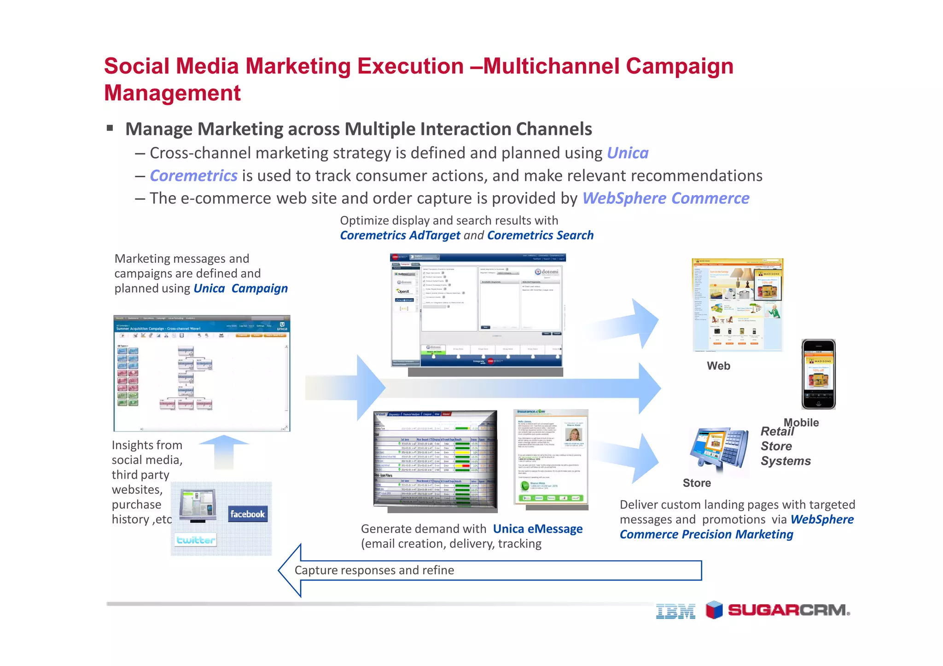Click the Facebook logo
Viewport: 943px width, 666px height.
click(x=248, y=514)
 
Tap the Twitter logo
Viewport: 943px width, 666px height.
click(x=196, y=540)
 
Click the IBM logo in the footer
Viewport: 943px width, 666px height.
click(x=675, y=611)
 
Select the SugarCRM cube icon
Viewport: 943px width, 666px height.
click(x=714, y=610)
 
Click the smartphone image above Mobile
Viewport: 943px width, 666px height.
click(x=818, y=374)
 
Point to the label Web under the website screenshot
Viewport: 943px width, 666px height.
click(x=718, y=366)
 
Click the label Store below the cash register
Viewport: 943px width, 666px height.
click(x=697, y=483)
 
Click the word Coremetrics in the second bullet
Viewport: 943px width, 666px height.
click(x=194, y=176)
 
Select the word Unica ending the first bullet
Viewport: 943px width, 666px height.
click(x=628, y=153)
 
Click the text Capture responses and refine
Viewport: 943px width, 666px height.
click(x=374, y=570)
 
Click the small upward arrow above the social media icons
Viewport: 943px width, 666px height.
click(x=224, y=451)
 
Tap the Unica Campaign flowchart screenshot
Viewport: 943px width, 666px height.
click(x=202, y=373)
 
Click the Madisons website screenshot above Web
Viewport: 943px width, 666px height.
click(x=737, y=305)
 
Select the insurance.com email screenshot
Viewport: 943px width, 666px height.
click(x=551, y=457)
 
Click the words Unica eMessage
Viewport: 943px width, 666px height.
click(x=537, y=529)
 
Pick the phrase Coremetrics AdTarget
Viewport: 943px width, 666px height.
click(x=400, y=235)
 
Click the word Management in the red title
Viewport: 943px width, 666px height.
click(x=172, y=93)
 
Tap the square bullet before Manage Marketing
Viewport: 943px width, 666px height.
click(x=110, y=128)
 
